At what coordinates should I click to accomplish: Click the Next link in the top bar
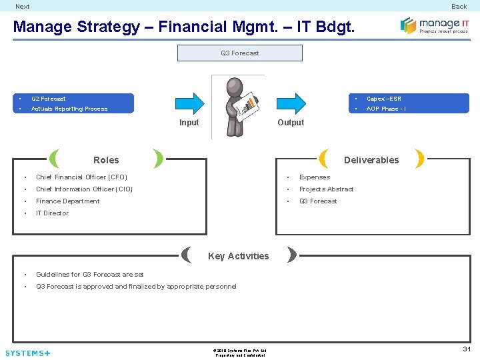[23, 7]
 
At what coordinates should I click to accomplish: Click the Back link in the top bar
[459, 7]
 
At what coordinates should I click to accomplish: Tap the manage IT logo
[435, 25]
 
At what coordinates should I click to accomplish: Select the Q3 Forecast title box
[240, 53]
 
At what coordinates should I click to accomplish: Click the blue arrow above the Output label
[291, 103]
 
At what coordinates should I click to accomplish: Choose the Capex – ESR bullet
[384, 99]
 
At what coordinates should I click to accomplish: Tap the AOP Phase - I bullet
[386, 109]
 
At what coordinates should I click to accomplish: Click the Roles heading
[106, 160]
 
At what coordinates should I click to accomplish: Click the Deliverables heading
[371, 160]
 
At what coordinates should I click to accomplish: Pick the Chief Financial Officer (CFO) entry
[81, 177]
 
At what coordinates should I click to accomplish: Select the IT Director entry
[52, 213]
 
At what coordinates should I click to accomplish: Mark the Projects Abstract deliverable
[326, 189]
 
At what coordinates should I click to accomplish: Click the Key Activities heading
[239, 256]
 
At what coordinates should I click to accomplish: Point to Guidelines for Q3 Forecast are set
[89, 275]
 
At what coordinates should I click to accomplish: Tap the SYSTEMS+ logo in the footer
[27, 353]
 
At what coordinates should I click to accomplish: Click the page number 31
[467, 349]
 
